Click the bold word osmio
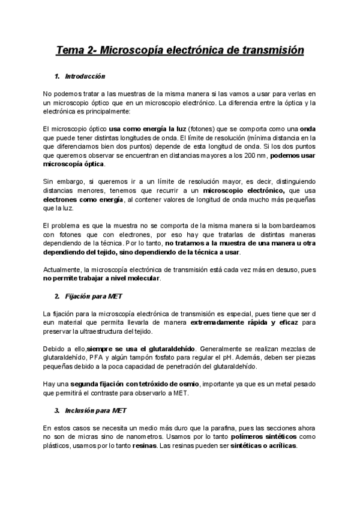191,384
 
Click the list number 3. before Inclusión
56,411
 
